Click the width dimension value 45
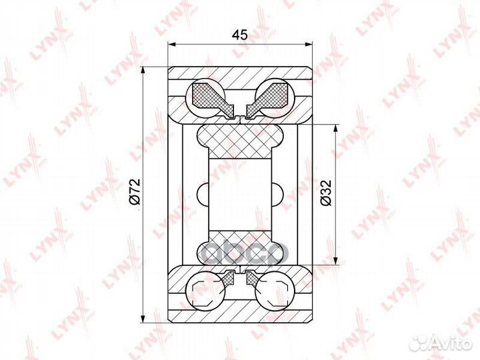(x=241, y=35)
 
